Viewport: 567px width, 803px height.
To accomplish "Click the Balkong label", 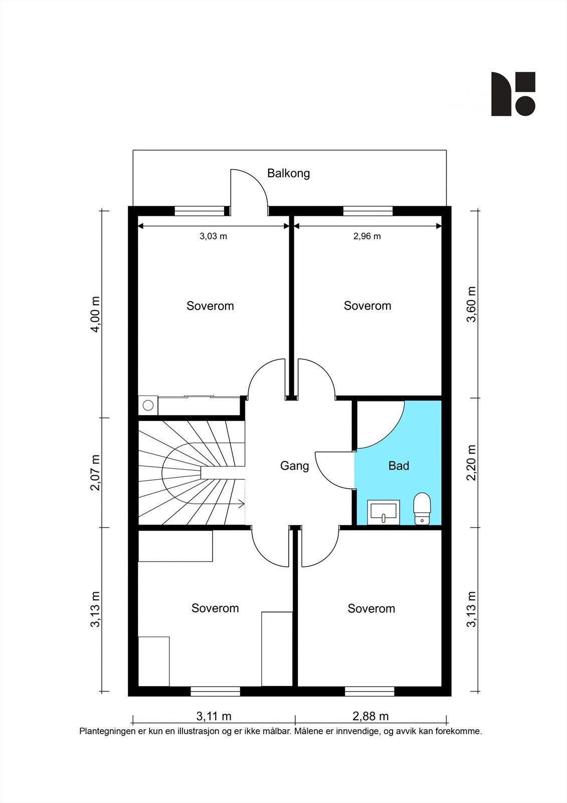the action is tap(288, 174).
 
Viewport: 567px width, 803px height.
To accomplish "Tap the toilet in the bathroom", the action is tap(422, 509).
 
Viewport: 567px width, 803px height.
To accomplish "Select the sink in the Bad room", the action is tap(383, 512).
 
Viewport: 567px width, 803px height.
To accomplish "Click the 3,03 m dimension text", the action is tap(213, 236).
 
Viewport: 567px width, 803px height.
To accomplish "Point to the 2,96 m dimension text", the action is tap(367, 236).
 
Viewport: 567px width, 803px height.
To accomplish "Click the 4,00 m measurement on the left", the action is tap(96, 314).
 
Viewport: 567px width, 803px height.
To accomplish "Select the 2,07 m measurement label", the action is tap(96, 473).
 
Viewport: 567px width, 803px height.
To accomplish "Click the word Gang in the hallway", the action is tap(294, 466).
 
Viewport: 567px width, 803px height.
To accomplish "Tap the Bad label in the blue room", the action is tap(399, 466).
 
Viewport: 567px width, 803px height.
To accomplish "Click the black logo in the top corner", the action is tap(513, 94).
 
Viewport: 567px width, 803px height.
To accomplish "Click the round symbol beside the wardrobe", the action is tap(148, 406).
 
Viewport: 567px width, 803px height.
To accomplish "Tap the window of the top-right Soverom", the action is tap(368, 211).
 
